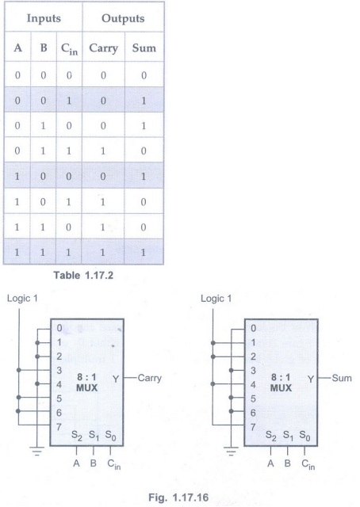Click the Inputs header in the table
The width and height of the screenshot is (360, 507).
tap(44, 18)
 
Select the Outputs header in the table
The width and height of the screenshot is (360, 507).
tap(123, 18)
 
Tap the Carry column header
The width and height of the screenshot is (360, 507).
tap(103, 48)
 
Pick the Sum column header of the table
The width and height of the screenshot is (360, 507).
tap(144, 48)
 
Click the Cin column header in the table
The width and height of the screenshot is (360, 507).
tap(69, 49)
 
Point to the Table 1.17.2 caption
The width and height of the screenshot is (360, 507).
tap(83, 275)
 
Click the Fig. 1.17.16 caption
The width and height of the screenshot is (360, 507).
tap(178, 497)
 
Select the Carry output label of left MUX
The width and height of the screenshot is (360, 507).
tap(150, 378)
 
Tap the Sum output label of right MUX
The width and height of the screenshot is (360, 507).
tap(342, 378)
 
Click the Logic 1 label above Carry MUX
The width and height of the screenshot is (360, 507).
tap(22, 298)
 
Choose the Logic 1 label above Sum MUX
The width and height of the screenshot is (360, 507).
tap(216, 298)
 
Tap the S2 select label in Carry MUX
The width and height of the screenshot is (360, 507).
tap(77, 436)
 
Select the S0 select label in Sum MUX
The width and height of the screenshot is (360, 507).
tap(304, 436)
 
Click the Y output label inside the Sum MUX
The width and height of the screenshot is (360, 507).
tap(311, 379)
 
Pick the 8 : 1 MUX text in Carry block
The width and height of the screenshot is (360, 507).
tap(86, 383)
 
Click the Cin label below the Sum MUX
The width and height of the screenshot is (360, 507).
tap(308, 464)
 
